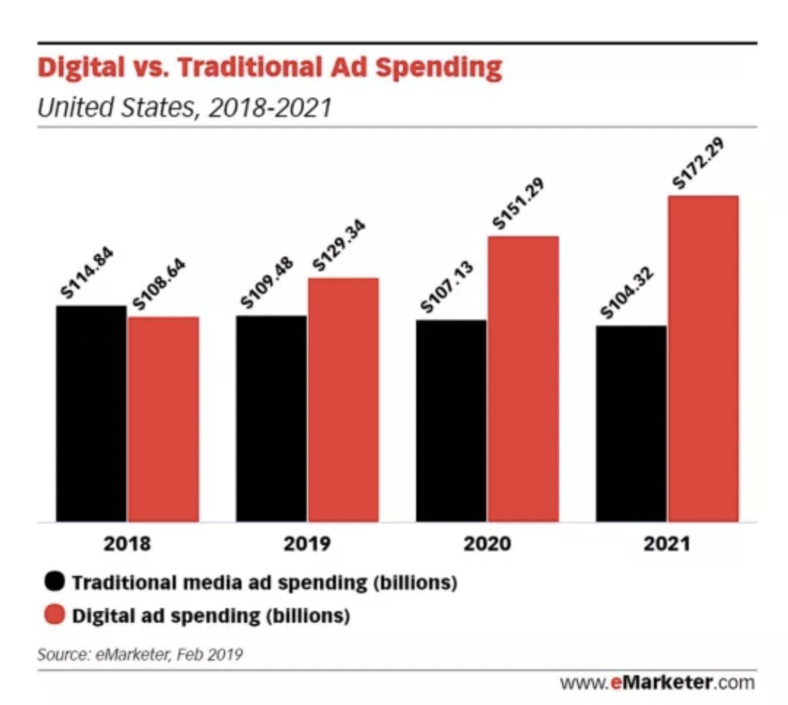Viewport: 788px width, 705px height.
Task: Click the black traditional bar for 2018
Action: (91, 413)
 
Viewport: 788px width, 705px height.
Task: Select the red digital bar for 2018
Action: (163, 419)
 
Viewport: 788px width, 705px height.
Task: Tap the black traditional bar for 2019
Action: (270, 418)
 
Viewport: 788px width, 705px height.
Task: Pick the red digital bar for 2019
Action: (343, 400)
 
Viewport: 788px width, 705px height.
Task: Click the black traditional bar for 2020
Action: (450, 421)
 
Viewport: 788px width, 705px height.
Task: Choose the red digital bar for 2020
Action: (523, 379)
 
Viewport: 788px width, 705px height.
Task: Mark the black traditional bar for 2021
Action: (631, 424)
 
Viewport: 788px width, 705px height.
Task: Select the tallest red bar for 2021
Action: (703, 359)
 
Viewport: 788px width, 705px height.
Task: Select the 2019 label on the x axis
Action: (307, 545)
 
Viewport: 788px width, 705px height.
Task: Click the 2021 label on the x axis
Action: (666, 545)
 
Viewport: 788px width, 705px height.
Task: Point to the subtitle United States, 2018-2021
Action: (184, 108)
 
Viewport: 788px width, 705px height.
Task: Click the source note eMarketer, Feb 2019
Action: (139, 654)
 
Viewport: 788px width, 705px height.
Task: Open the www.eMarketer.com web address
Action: (657, 683)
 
